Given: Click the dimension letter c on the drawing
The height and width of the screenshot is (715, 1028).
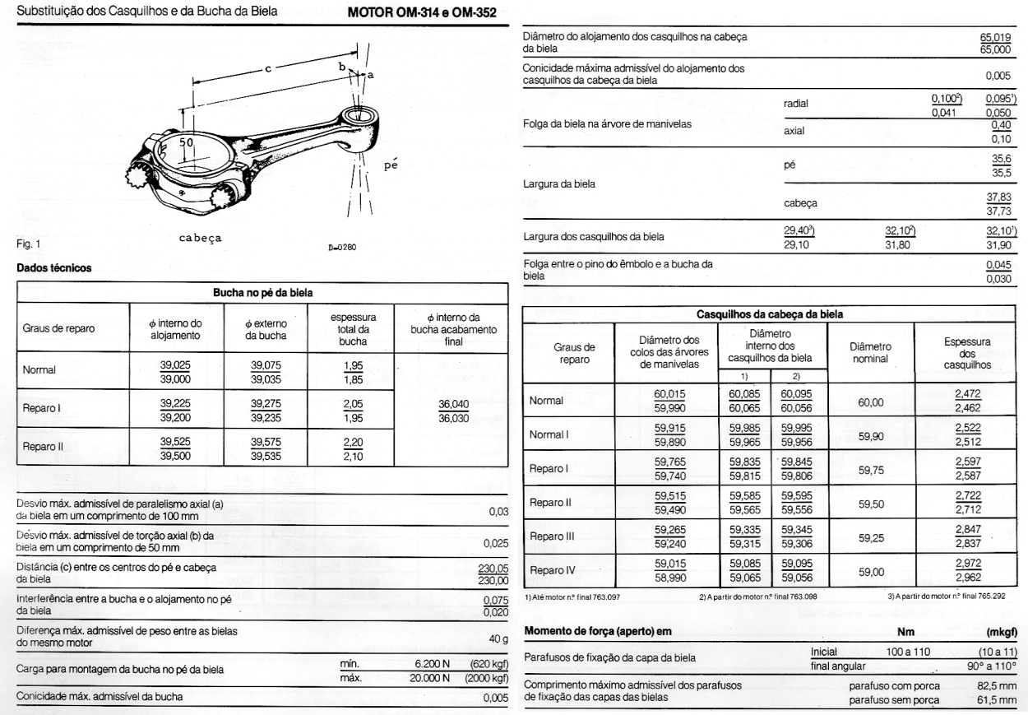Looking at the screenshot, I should pos(268,70).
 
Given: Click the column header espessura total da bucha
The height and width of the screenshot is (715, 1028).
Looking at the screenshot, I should pos(342,327).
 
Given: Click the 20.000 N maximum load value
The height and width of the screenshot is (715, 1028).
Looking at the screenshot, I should pos(424,678).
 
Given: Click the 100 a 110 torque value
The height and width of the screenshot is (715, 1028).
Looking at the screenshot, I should pos(907,651).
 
